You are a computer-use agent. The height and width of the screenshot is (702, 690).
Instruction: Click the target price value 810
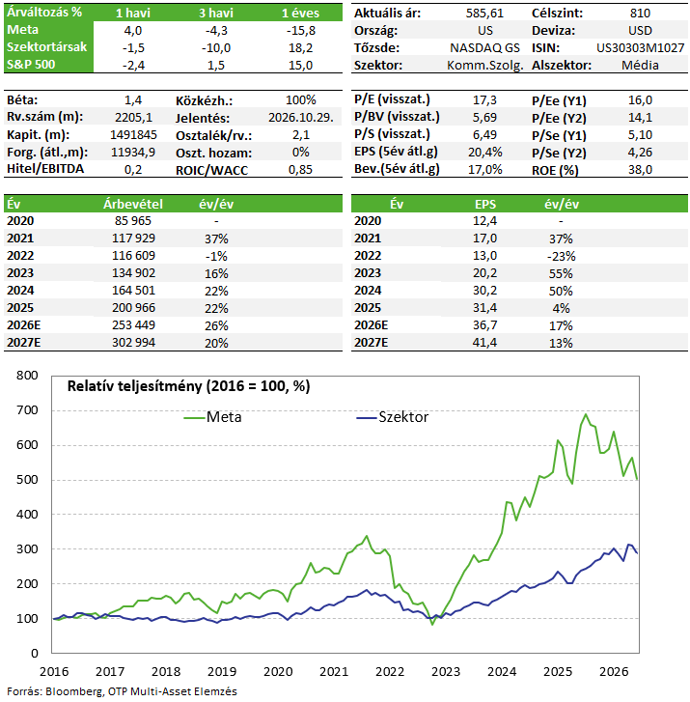[640, 13]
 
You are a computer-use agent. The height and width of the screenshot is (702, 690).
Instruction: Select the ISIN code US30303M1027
[640, 48]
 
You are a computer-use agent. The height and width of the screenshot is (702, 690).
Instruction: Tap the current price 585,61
[484, 13]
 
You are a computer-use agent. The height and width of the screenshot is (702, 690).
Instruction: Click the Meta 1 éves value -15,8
[301, 31]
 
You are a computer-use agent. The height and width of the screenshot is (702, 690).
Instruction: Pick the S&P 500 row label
[31, 65]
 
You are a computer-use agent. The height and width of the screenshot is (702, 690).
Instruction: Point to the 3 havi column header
[216, 13]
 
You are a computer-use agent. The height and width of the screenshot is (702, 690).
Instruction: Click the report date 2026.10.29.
[301, 117]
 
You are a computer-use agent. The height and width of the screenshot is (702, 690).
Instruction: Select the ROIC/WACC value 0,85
[300, 170]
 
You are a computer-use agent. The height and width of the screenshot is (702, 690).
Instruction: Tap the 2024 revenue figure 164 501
[133, 291]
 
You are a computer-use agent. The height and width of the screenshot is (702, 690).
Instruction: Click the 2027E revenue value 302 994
[133, 343]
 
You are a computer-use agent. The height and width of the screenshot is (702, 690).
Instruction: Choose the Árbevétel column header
[133, 204]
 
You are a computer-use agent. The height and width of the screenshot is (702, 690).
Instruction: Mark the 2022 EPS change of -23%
[561, 256]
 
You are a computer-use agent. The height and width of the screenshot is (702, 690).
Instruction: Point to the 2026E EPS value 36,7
[484, 325]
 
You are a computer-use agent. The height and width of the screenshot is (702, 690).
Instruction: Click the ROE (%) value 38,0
[640, 170]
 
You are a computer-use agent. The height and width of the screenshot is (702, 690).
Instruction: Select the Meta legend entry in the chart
[213, 417]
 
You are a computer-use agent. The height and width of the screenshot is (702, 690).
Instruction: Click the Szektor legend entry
[393, 417]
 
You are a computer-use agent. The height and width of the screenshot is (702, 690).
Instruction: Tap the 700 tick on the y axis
[27, 410]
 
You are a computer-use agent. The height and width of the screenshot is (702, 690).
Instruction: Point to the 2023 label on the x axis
[446, 671]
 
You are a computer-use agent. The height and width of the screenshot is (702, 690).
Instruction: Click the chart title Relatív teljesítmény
[135, 386]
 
